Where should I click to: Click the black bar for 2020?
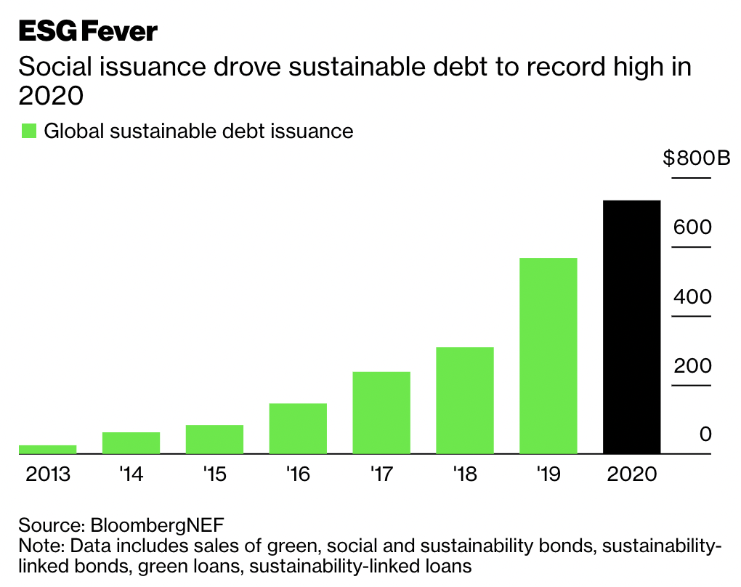[x=631, y=327]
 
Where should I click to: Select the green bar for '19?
[x=548, y=356]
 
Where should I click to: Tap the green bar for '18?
[x=464, y=400]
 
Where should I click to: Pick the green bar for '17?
[x=381, y=413]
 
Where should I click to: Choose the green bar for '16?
[x=298, y=429]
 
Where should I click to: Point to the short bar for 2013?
[x=48, y=450]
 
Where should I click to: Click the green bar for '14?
[x=131, y=443]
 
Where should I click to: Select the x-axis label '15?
[x=214, y=475]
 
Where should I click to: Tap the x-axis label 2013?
[x=48, y=475]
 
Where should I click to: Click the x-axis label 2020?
[x=631, y=475]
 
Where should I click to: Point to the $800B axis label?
[x=696, y=158]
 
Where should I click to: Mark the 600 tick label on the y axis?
[x=692, y=227]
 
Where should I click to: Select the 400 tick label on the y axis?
[x=692, y=296]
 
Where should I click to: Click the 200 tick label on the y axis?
[x=692, y=365]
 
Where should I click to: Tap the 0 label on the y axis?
[x=705, y=434]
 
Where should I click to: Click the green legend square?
[x=28, y=131]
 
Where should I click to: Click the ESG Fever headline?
[x=88, y=31]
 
